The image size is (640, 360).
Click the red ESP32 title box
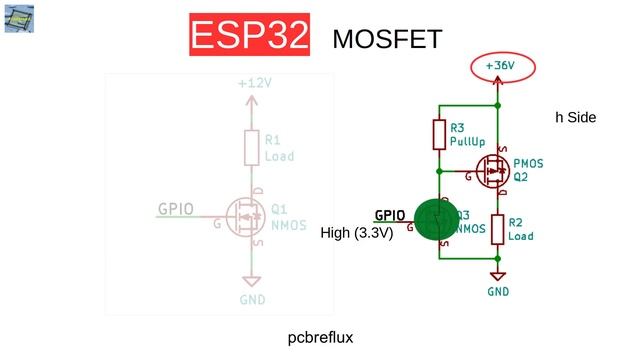coord(250,36)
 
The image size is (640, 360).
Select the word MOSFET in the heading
coord(387,39)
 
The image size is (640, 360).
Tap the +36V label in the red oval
coord(499,66)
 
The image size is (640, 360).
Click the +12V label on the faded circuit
coord(255,83)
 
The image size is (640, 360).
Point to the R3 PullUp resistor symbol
coord(439,134)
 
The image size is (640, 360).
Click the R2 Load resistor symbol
coord(497,229)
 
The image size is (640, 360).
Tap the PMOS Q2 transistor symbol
coord(493,171)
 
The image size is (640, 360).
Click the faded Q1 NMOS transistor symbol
coord(244,215)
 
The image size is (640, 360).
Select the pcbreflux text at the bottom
coord(320,338)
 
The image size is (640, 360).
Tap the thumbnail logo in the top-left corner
coord(17,17)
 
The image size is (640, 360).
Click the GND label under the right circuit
coord(498,291)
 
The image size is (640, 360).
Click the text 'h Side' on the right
coord(575,117)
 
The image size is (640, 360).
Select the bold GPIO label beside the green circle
coord(390,215)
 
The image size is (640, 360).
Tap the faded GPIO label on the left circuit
coord(175,210)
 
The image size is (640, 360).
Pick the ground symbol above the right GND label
coord(498,275)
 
